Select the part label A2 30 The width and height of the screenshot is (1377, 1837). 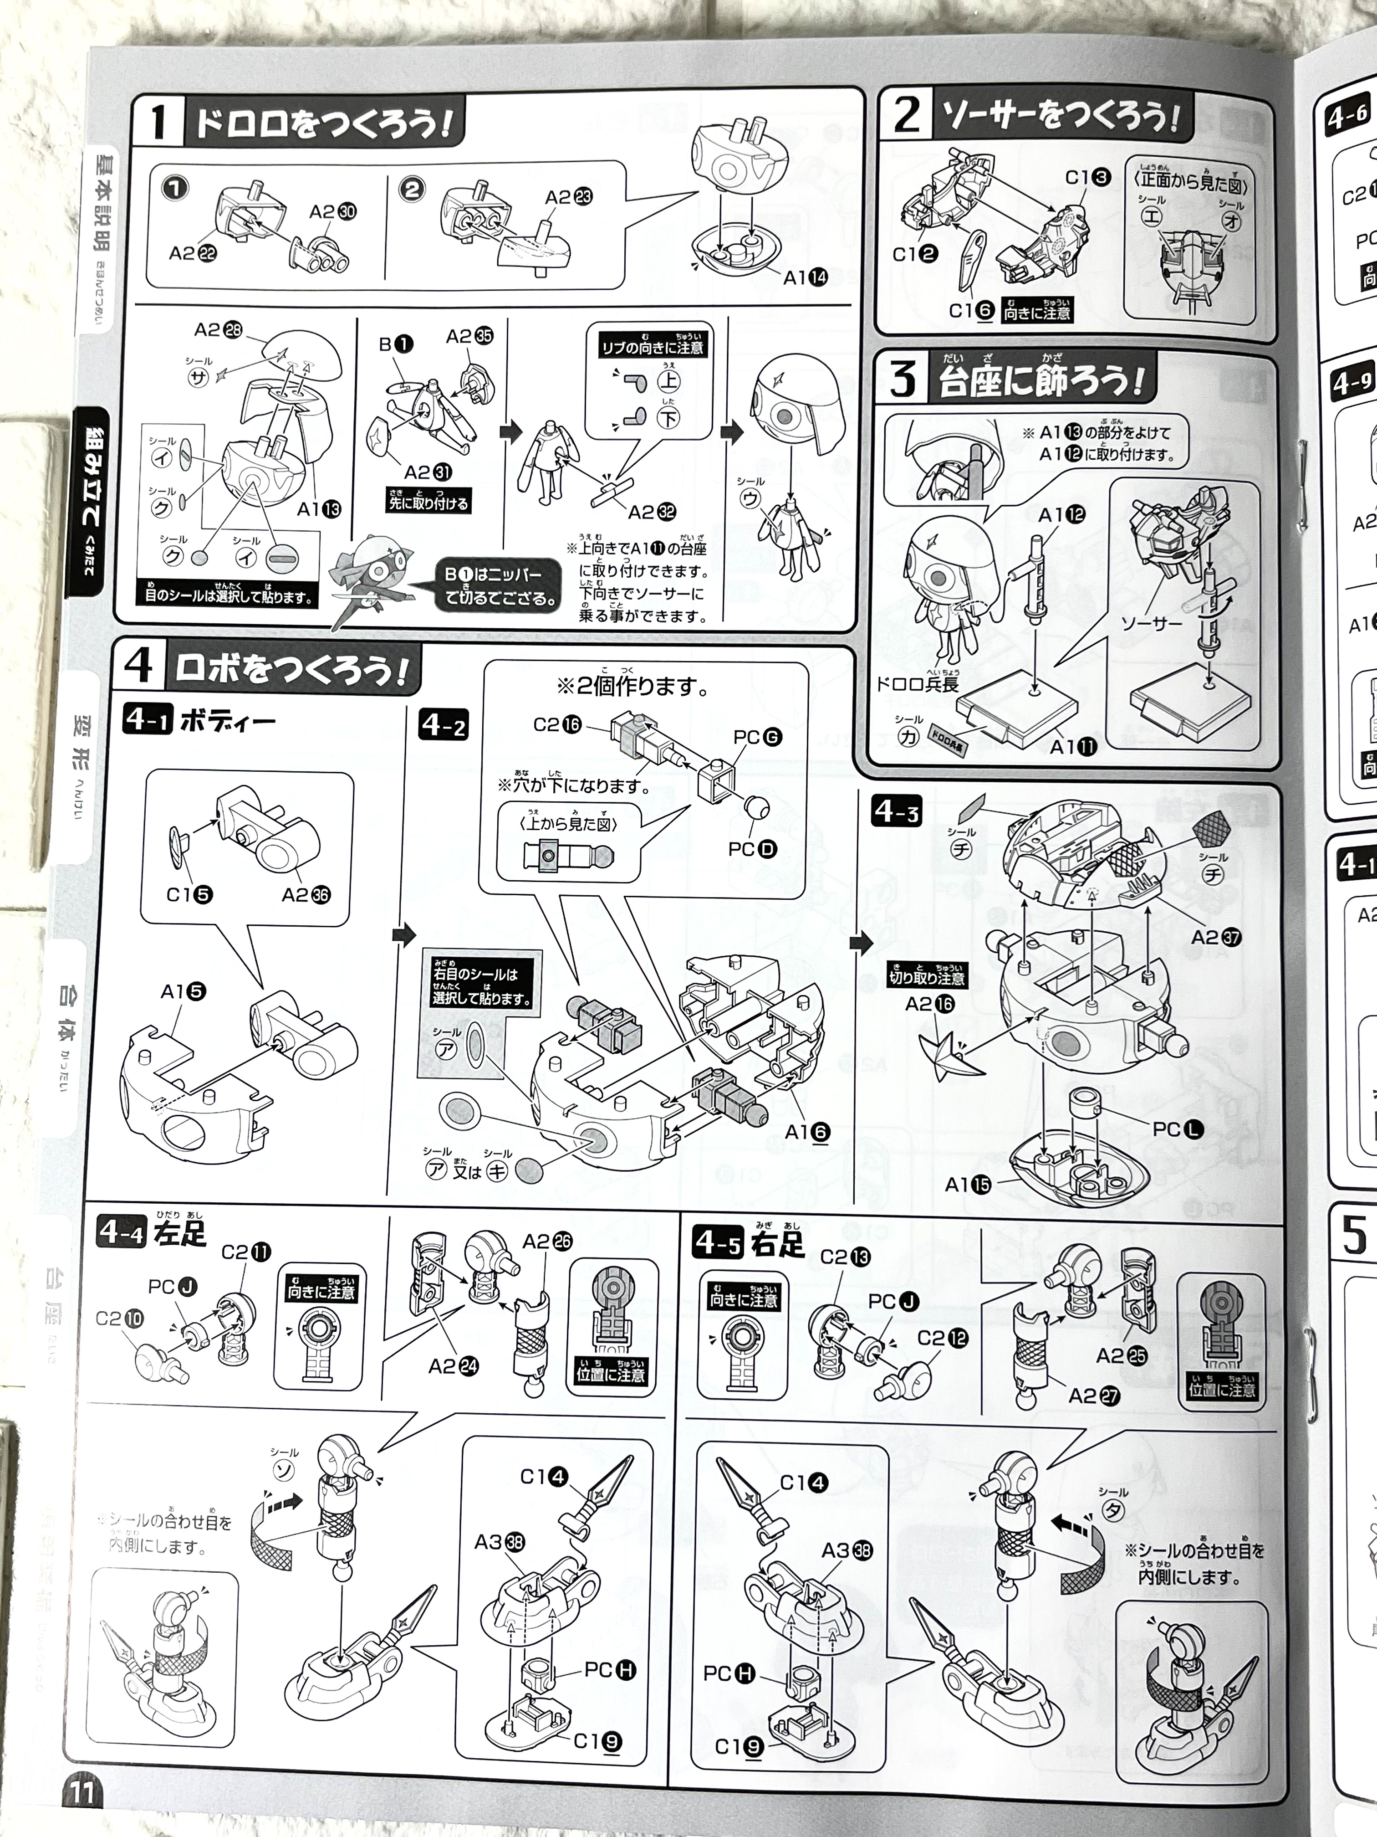(333, 213)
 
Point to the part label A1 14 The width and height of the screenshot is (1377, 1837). (805, 278)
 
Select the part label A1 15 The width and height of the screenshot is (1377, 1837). (968, 1184)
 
